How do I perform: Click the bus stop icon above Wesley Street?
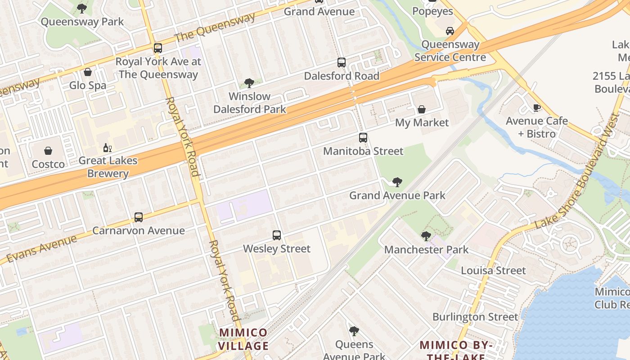[277, 235]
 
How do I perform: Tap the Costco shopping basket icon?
[48, 151]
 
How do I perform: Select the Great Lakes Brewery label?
[108, 167]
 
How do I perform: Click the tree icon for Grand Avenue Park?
[397, 182]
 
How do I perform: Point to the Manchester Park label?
[426, 250]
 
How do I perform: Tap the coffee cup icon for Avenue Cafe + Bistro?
[536, 108]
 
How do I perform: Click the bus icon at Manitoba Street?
[363, 138]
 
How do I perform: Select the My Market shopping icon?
[422, 109]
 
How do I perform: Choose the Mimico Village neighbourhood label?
[243, 339]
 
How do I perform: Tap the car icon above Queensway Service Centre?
[450, 31]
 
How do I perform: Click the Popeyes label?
[433, 11]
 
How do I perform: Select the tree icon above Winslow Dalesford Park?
[249, 83]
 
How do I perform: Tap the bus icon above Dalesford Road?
[342, 63]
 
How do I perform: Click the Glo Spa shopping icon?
[88, 72]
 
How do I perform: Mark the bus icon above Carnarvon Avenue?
[139, 217]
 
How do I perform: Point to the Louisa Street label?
[493, 270]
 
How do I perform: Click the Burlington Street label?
[475, 317]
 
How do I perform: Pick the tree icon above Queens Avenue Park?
[354, 332]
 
